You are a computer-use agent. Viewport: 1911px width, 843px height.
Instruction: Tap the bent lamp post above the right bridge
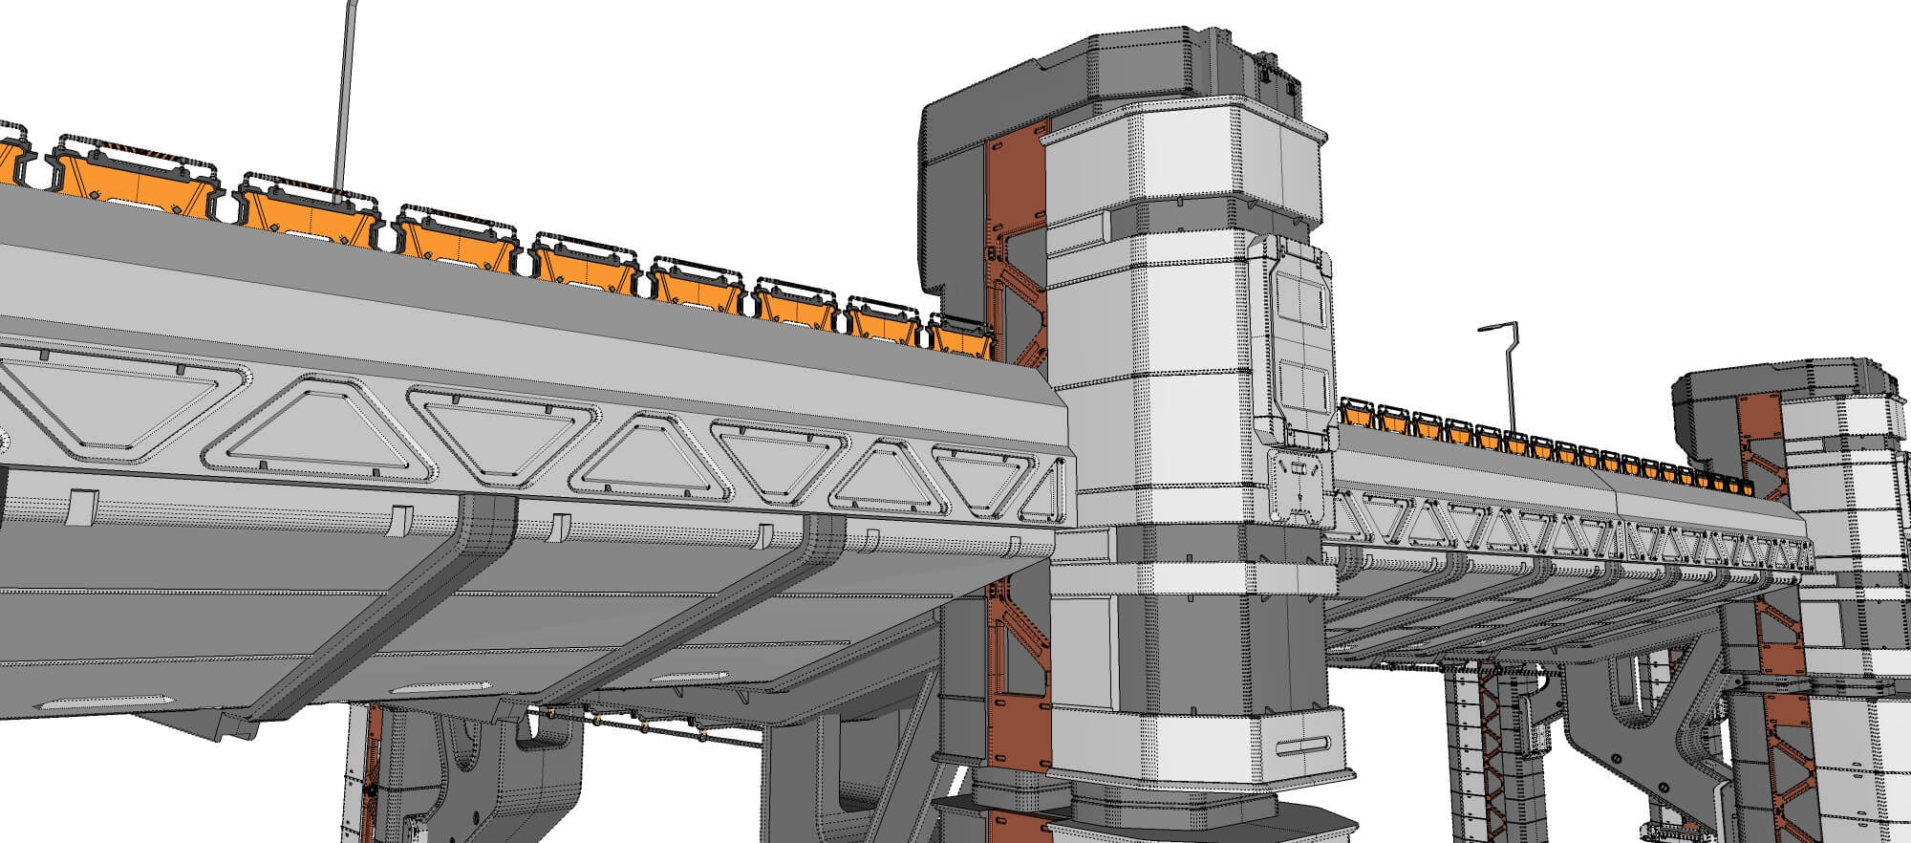pyautogui.click(x=1509, y=373)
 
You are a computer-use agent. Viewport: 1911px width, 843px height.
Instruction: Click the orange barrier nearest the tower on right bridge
pyautogui.click(x=1355, y=413)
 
